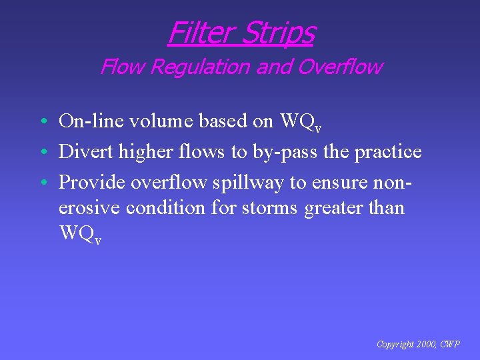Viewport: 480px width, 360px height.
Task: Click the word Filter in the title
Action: [x=201, y=32]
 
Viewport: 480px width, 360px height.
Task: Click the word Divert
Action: [x=86, y=151]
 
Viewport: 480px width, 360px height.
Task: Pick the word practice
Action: [x=387, y=152]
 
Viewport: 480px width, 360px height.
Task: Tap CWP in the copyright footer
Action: [x=450, y=344]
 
